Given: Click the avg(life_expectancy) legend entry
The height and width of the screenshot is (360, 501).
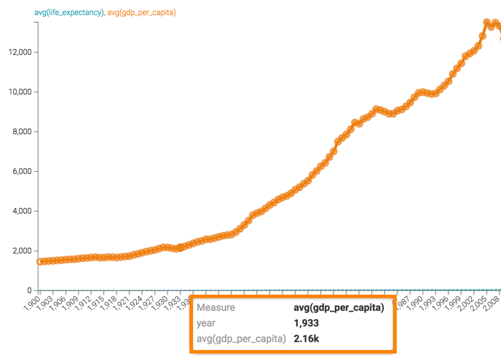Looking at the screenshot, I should tap(69, 13).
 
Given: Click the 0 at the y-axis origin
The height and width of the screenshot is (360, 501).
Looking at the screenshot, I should tap(29, 290).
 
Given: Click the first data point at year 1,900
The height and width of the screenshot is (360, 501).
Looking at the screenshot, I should tap(40, 262).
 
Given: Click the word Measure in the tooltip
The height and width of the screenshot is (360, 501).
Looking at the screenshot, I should tap(216, 308).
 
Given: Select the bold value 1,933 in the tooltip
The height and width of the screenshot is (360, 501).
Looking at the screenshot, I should tap(307, 323).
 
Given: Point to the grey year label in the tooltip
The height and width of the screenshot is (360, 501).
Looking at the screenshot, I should tap(206, 323).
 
